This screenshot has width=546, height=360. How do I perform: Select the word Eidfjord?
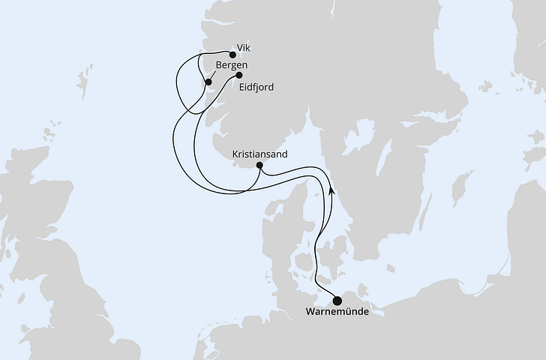[x=256, y=87]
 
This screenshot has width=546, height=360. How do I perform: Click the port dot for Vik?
[x=232, y=54]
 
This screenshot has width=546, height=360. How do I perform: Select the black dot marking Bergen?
[x=208, y=81]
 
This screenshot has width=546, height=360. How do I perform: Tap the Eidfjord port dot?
[x=238, y=75]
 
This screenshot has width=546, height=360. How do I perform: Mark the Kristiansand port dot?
[x=259, y=165]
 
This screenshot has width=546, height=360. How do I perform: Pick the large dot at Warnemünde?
[x=336, y=301]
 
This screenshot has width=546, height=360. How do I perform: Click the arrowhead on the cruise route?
[x=330, y=190]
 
